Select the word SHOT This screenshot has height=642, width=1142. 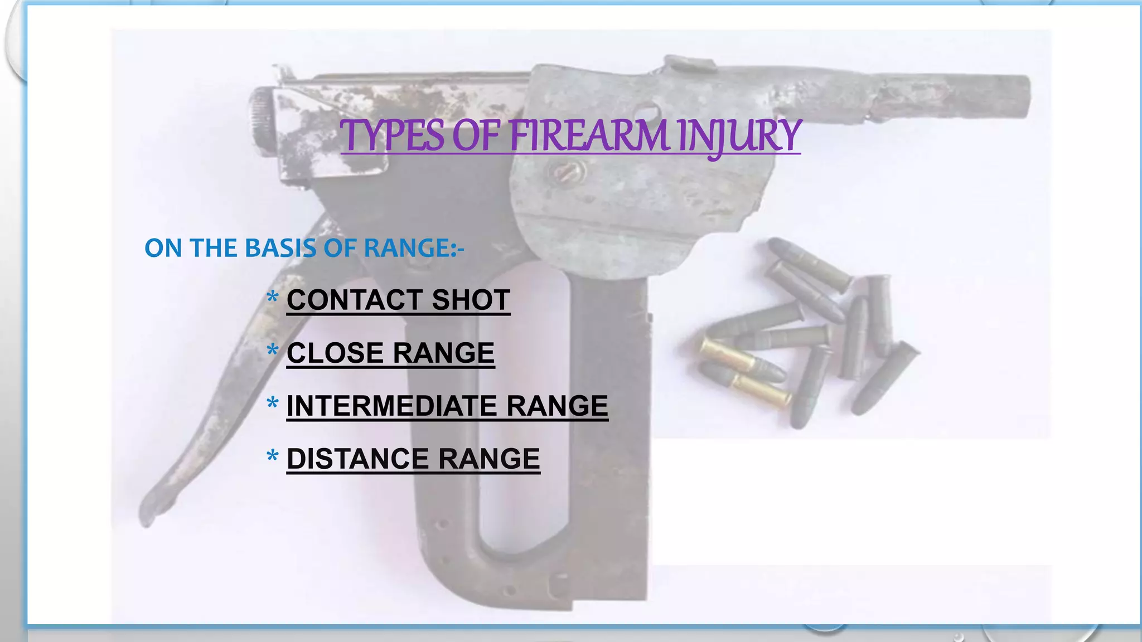point(471,300)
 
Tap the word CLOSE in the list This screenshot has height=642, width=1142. point(335,353)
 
